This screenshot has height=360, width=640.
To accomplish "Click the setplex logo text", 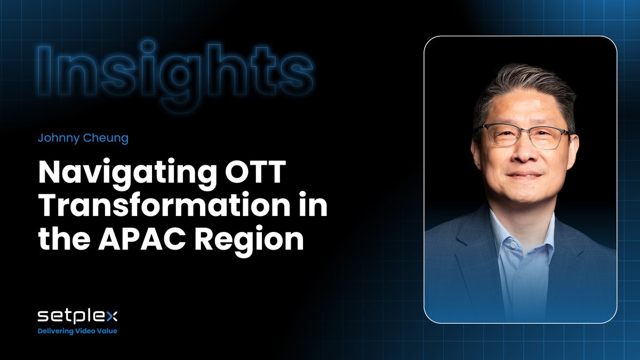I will point(77,317).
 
